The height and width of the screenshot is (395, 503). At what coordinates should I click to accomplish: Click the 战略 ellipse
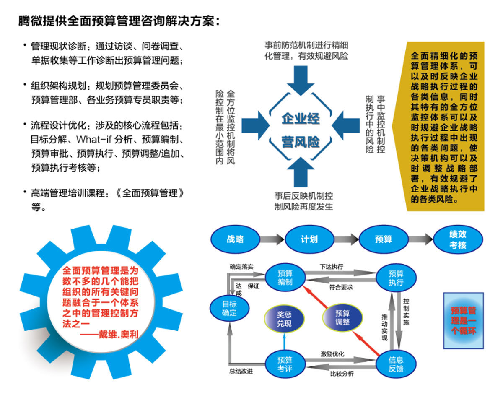point(235,240)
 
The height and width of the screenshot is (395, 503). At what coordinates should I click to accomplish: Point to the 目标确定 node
point(229,309)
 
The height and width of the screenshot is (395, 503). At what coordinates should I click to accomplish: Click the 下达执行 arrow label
point(331,266)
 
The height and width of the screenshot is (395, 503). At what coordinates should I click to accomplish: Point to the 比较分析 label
point(342,373)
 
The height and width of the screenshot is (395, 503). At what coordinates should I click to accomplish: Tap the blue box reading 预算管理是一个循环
point(463,320)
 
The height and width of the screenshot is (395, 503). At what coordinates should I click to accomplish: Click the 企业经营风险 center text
point(301,130)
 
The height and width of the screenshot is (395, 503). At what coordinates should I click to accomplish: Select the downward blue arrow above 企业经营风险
point(301,80)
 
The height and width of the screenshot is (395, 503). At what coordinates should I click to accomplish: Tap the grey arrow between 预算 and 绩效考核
point(420,240)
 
